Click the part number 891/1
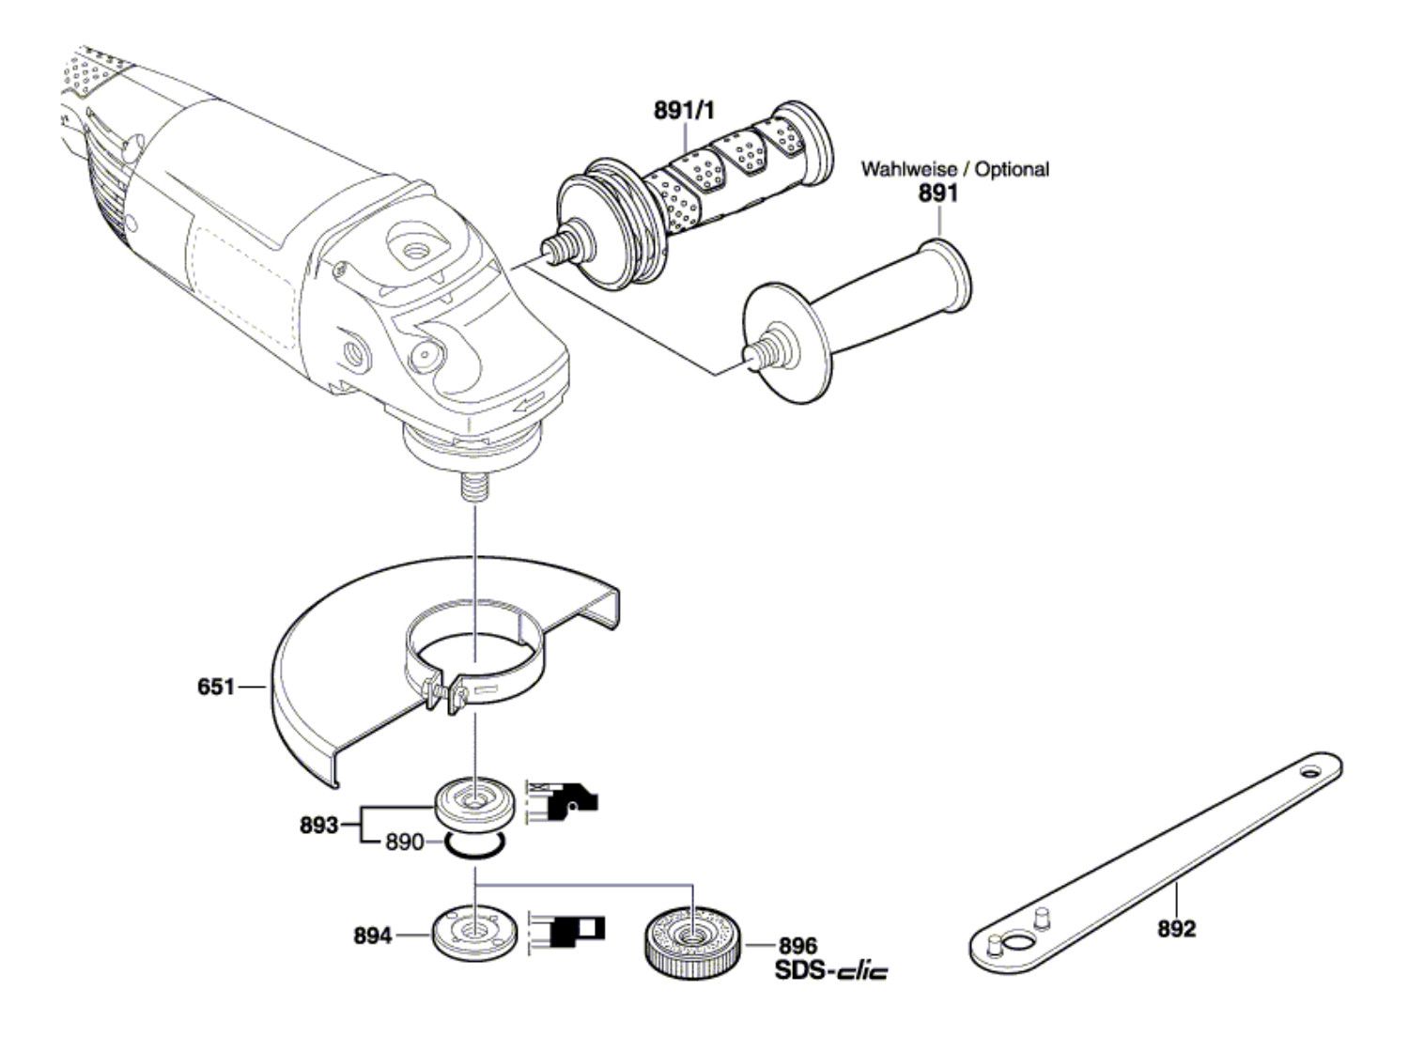coord(684,111)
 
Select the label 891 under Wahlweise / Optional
coord(937,193)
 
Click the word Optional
coord(1013,169)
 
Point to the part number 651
coord(216,688)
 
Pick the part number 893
coord(318,825)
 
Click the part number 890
coord(405,842)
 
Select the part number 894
coord(372,936)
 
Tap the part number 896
coord(798,946)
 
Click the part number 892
coord(1177,929)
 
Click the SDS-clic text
coord(832,970)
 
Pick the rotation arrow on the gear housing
coord(528,403)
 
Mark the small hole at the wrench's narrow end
coord(1308,769)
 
